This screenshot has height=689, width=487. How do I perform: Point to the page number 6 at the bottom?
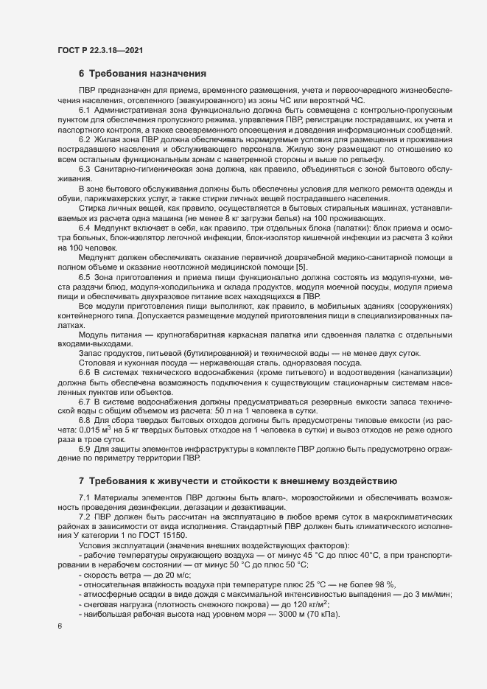click(60, 626)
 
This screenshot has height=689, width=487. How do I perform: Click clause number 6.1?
click(85, 109)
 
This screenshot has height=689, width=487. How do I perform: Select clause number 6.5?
click(85, 296)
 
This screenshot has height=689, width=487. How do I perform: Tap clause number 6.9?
click(85, 449)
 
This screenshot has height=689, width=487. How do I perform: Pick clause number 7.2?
click(85, 518)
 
